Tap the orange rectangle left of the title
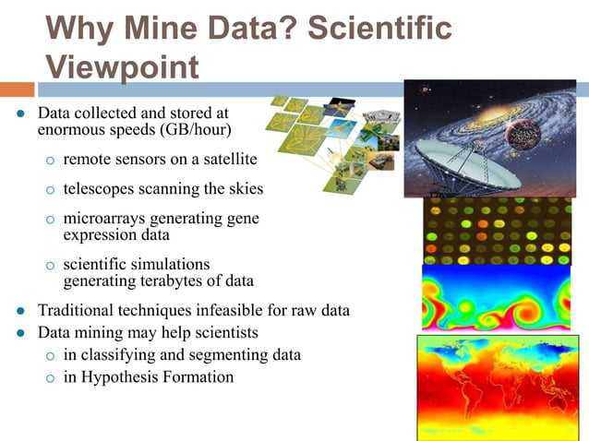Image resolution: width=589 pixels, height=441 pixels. (x=17, y=89)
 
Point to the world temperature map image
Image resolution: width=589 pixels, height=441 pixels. (x=498, y=387)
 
